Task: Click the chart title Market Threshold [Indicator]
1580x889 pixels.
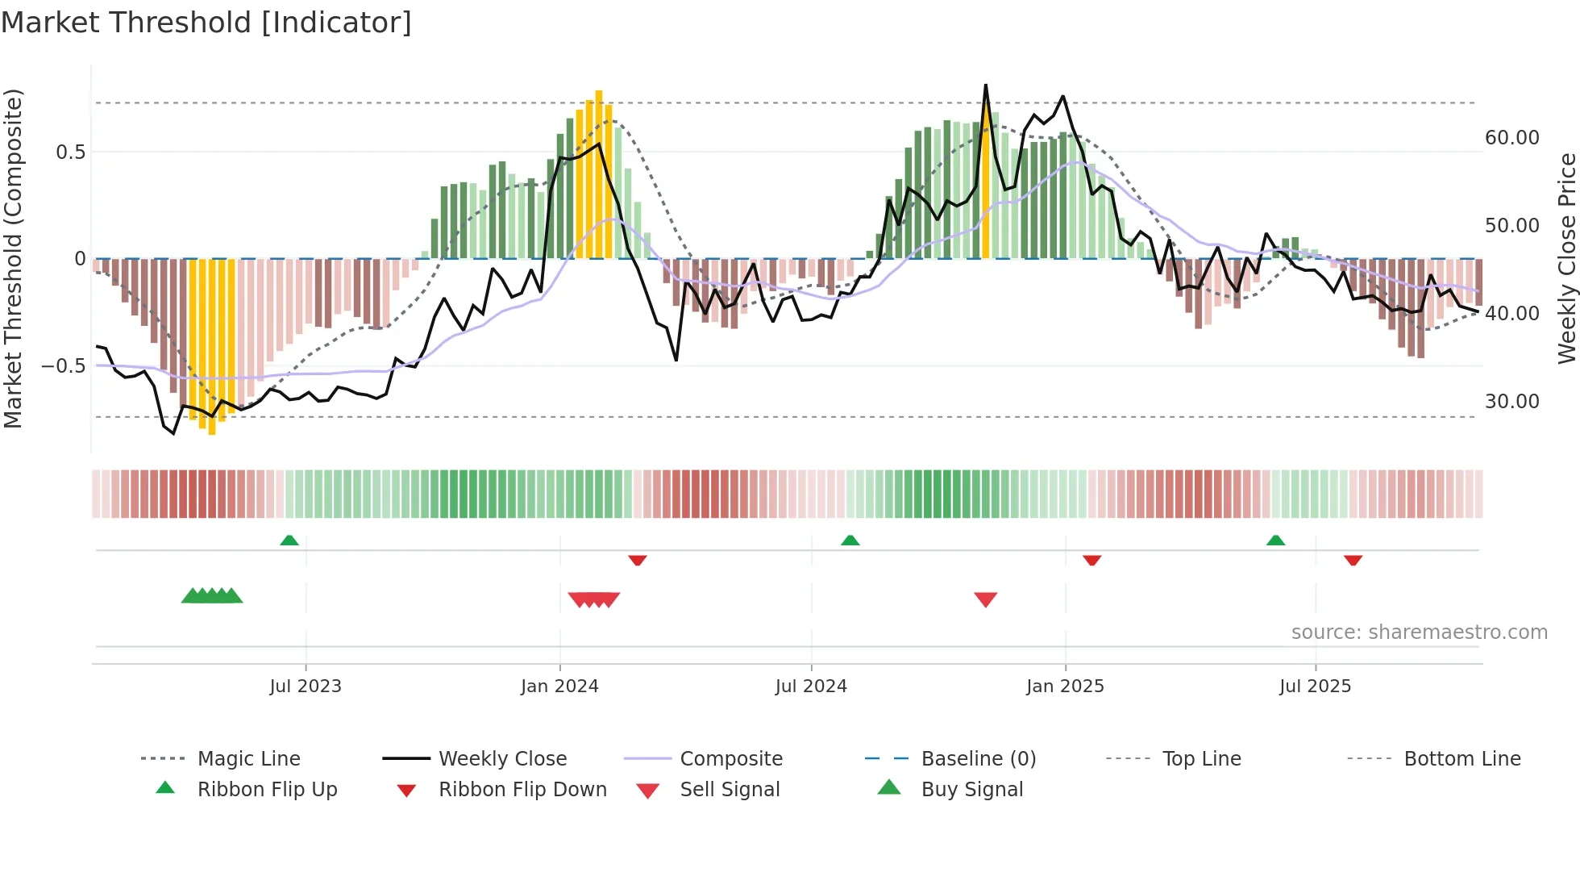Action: pyautogui.click(x=206, y=23)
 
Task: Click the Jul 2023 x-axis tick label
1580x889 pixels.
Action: pyautogui.click(x=306, y=687)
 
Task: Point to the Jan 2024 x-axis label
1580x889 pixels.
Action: pyautogui.click(x=559, y=687)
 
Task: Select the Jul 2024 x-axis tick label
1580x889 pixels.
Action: pyautogui.click(x=811, y=687)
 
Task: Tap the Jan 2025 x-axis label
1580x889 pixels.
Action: pyautogui.click(x=1065, y=687)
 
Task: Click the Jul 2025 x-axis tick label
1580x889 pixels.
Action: pyautogui.click(x=1315, y=687)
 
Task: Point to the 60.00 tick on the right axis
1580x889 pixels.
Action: pyautogui.click(x=1511, y=138)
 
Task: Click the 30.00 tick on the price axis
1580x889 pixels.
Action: pyautogui.click(x=1511, y=402)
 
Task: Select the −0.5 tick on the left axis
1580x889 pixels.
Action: pyautogui.click(x=64, y=366)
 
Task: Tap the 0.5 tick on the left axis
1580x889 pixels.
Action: pyautogui.click(x=70, y=152)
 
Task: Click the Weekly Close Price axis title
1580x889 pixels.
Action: pyautogui.click(x=1566, y=258)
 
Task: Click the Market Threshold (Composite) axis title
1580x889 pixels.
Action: pyautogui.click(x=13, y=258)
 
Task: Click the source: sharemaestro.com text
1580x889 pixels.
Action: pyautogui.click(x=1419, y=632)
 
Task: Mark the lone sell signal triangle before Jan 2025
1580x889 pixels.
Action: pyautogui.click(x=986, y=599)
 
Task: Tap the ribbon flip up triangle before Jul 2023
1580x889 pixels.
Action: pyautogui.click(x=289, y=540)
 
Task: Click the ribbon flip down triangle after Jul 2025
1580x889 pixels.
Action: pyautogui.click(x=1353, y=560)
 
